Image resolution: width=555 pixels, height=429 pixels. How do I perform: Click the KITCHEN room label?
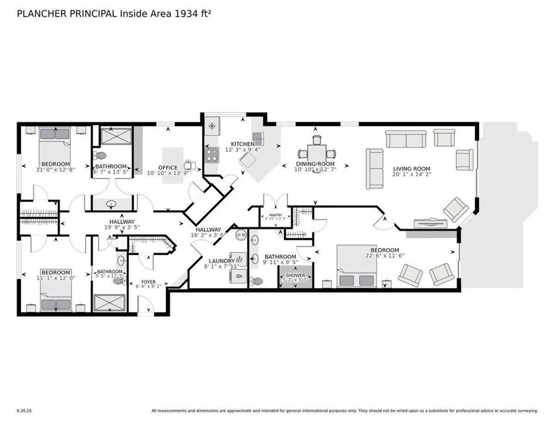pyautogui.click(x=242, y=144)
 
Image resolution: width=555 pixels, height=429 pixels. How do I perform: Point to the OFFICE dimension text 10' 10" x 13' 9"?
pyautogui.click(x=168, y=173)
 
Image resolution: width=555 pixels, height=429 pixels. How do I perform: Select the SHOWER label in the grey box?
pyautogui.click(x=295, y=274)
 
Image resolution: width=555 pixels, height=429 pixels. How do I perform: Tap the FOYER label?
pyautogui.click(x=147, y=280)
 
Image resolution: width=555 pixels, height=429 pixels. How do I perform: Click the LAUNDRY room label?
pyautogui.click(x=221, y=261)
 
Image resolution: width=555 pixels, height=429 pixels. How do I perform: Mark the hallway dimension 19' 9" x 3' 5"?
pyautogui.click(x=122, y=227)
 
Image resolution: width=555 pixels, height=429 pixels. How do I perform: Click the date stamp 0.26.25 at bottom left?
pyautogui.click(x=24, y=410)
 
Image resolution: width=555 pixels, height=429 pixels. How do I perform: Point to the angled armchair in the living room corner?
pyautogui.click(x=456, y=208)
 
